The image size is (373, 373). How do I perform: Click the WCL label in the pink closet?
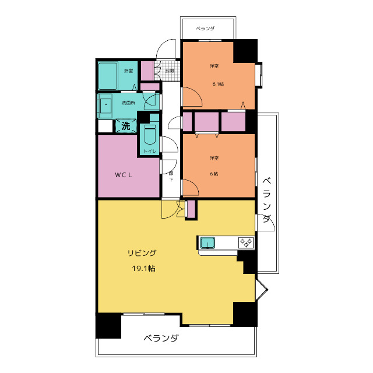[x=124, y=175]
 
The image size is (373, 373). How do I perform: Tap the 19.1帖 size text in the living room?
[x=144, y=269]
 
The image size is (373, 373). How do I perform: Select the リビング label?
[x=142, y=253]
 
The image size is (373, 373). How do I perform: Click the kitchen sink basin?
[x=207, y=243]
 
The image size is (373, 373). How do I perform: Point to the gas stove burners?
[x=246, y=243]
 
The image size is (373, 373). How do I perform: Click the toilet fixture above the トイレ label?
[x=150, y=135]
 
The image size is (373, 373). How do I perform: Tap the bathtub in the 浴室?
[x=108, y=76]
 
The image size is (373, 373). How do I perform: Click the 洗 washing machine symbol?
[x=126, y=126]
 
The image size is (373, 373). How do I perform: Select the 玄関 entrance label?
[x=170, y=71]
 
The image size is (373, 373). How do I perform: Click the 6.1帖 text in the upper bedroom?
[x=218, y=84]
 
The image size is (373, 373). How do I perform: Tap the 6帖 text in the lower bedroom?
[x=214, y=174]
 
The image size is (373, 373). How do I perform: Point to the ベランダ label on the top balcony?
[x=205, y=29]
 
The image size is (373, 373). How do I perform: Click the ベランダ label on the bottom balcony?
[x=161, y=338]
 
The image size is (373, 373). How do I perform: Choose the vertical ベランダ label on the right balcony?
[x=267, y=200]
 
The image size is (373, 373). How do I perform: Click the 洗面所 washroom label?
[x=128, y=103]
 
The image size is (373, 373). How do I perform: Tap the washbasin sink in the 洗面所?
[x=105, y=105]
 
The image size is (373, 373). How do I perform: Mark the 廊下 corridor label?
[x=171, y=176]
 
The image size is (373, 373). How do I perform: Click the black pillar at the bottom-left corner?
[x=108, y=326]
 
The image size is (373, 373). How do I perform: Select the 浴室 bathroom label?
[x=128, y=71]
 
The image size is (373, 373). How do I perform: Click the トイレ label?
[x=150, y=151]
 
